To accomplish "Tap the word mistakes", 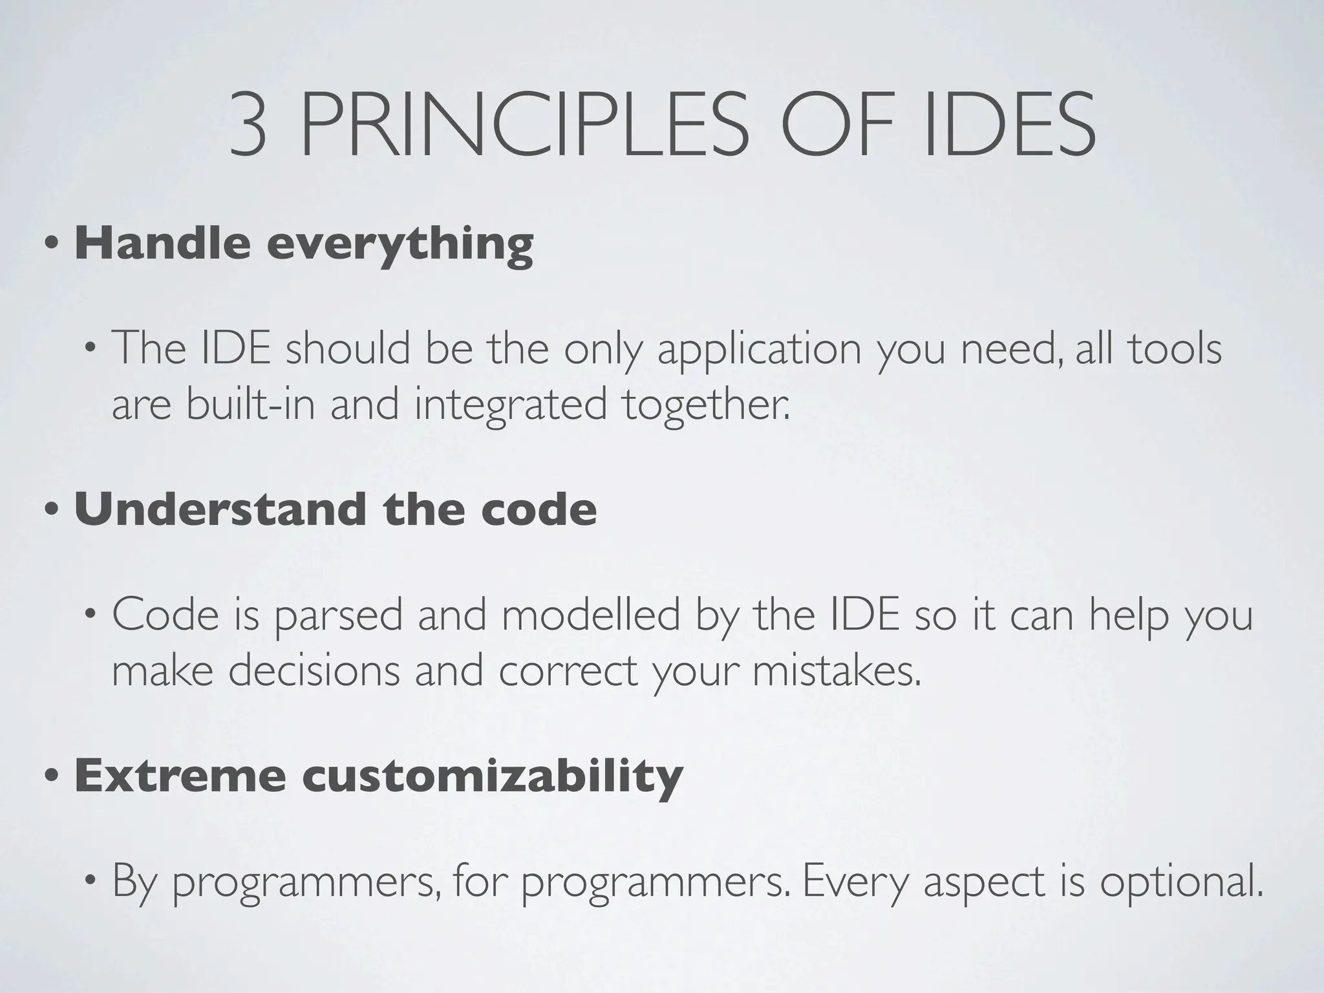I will [x=837, y=670].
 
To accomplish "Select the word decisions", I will [x=314, y=670].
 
